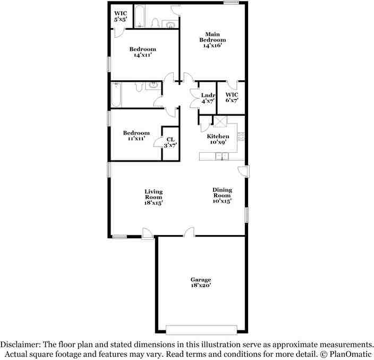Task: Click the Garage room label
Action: [201, 282]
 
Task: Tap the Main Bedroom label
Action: [212, 40]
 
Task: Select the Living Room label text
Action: [154, 197]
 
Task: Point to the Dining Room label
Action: [222, 195]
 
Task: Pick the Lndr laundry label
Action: [207, 98]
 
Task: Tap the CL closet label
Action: [170, 142]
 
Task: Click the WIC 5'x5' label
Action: [120, 16]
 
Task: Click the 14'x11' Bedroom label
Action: [142, 52]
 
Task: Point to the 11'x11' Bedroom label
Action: [136, 136]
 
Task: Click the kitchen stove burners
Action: [241, 136]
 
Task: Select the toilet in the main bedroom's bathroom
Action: [156, 22]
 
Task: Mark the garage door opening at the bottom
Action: [200, 327]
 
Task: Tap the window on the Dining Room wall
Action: [246, 214]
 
